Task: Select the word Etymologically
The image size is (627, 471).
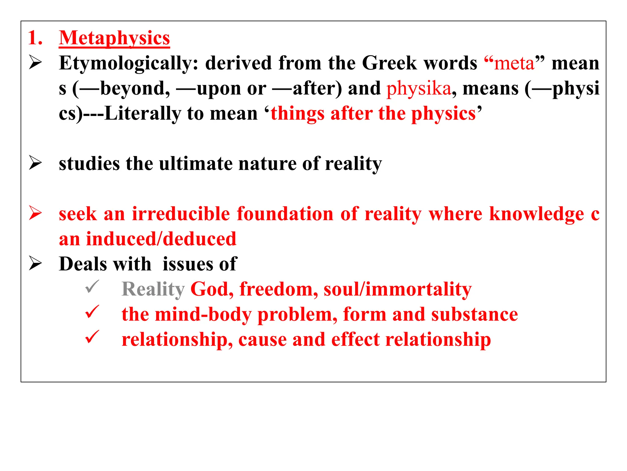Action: (129, 63)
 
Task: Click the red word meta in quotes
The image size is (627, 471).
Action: (514, 63)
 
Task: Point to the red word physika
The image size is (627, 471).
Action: (419, 89)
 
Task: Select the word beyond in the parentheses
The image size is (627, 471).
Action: (135, 89)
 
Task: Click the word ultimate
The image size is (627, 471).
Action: (196, 164)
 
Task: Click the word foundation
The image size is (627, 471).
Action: (285, 214)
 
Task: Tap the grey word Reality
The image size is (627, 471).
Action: (153, 289)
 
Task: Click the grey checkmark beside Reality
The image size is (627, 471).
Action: (92, 287)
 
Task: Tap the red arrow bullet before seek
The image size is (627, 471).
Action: (36, 213)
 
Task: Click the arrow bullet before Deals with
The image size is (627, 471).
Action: (36, 263)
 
